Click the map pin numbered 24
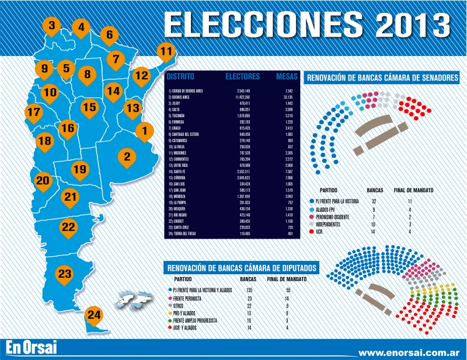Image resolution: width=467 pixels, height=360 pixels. pos(94,316)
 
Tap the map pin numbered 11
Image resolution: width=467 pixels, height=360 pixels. pos(166,51)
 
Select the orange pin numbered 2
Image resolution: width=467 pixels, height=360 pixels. pos(127,156)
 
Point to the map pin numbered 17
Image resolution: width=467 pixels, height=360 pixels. pos(34,112)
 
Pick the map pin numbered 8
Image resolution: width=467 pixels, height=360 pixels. pos(88,74)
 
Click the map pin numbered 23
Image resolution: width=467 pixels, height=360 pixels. pos(65,274)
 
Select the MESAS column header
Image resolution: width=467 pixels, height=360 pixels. pos(287,76)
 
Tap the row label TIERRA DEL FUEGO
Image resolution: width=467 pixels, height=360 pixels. pos(185,233)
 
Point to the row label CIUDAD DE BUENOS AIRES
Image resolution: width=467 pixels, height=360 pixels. pos(187,91)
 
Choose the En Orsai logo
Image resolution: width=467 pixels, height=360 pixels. pos(33,348)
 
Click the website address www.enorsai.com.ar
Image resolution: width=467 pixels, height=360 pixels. pos(409,352)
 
